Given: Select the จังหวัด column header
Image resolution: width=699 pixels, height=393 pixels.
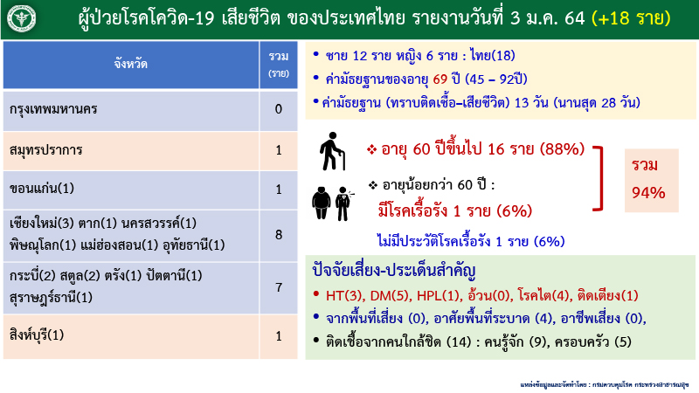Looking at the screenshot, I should pos(130,64).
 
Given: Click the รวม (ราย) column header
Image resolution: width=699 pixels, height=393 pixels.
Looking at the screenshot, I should pos(278,64).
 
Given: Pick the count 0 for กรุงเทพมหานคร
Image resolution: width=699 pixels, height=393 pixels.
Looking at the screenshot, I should pos(278,110).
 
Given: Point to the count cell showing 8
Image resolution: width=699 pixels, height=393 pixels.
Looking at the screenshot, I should pos(278,234).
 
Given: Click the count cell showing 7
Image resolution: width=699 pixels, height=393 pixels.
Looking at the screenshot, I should pos(278,286).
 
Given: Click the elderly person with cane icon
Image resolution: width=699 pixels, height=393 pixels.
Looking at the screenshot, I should pos(331,150).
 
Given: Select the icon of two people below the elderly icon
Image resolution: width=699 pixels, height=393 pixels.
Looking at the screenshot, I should pos(331,198).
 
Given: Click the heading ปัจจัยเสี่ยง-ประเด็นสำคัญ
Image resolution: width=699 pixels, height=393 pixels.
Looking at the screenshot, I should pos(388,268).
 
